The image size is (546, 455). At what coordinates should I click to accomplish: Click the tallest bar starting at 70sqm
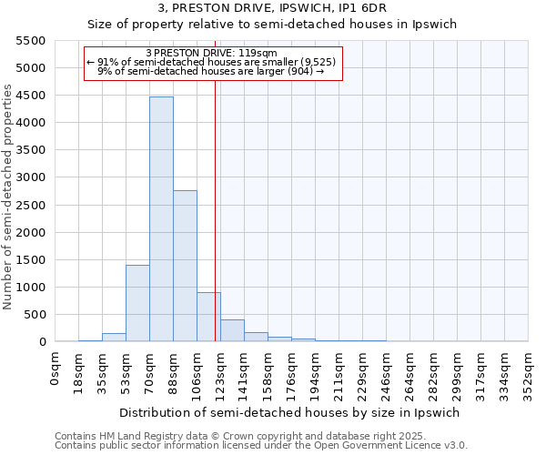(x=161, y=218)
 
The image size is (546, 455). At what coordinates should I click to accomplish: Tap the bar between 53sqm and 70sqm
(x=137, y=303)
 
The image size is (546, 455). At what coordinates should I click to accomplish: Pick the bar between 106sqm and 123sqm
(x=208, y=317)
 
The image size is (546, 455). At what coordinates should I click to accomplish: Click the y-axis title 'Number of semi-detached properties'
(x=9, y=197)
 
